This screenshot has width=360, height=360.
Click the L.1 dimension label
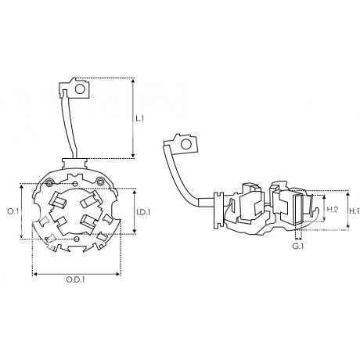pos(140,119)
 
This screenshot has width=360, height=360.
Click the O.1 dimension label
pos(13,211)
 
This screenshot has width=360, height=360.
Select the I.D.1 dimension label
pos(143,212)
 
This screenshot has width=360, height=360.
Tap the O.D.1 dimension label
pos(75,280)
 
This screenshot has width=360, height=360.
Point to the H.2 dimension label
pos(333,209)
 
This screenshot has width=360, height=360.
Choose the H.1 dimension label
pos(355,211)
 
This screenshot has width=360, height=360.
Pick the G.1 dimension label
pos(297,246)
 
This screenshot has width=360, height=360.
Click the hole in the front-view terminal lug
pos(80,89)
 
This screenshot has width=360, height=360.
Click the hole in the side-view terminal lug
pos(186,144)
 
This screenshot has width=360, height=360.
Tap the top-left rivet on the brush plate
pos(49,182)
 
